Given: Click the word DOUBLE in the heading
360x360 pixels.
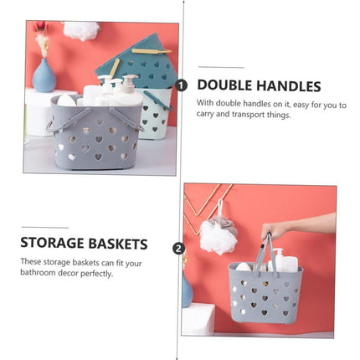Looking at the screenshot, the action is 224,85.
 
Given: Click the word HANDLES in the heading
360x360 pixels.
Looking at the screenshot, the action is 289,86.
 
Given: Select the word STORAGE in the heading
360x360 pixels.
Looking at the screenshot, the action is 52,243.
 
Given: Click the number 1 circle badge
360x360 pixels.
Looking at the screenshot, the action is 181,85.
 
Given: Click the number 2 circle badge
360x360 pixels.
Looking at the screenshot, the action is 179,249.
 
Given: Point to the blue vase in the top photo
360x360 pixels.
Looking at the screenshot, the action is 44,75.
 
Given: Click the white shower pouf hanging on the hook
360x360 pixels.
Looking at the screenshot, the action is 219,236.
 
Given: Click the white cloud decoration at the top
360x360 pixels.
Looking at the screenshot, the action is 81,29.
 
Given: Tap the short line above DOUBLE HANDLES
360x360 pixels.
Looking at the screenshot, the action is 221,67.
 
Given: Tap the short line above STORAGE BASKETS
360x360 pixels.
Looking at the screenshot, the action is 45,228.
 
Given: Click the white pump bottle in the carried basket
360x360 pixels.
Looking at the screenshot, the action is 283,261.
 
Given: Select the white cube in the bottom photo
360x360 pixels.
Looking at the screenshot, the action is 198,319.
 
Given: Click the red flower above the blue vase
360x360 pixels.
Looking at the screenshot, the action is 41,26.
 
